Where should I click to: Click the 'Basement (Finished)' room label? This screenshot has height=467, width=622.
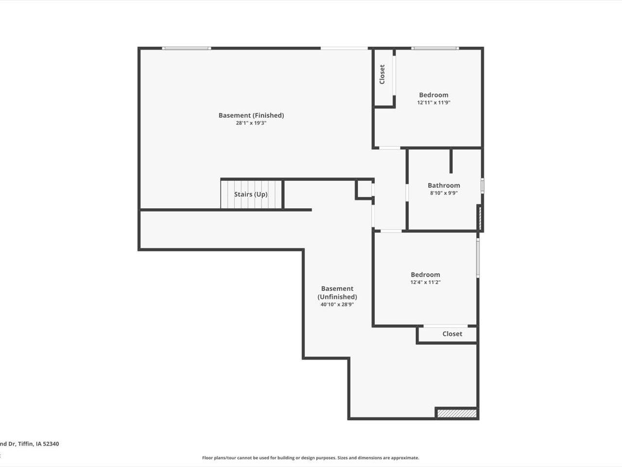[251, 115]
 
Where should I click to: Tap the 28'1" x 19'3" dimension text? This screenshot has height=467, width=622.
[251, 124]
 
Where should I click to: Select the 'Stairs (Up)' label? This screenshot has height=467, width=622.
[251, 194]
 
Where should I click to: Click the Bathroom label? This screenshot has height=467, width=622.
[444, 185]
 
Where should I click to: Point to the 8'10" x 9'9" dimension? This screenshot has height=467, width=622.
[444, 193]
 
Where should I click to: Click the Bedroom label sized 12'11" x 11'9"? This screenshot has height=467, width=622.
[433, 95]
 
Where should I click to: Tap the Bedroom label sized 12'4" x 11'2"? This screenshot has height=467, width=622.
[425, 274]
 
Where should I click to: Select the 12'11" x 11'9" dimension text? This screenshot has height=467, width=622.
[433, 103]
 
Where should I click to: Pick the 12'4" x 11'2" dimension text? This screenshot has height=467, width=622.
[425, 282]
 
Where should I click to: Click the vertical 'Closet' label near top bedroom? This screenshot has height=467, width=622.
[382, 74]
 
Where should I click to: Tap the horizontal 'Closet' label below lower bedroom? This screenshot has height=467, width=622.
[452, 334]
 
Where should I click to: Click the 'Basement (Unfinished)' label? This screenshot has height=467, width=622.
[337, 292]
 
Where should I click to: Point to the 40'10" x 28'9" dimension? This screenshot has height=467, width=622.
[337, 305]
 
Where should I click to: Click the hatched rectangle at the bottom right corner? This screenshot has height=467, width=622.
[457, 413]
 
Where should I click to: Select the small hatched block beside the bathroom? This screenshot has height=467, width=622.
[480, 218]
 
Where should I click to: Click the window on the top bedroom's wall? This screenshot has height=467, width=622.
[435, 48]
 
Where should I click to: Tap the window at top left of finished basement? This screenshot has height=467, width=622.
[186, 48]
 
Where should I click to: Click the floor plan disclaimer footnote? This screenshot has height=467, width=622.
[311, 458]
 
